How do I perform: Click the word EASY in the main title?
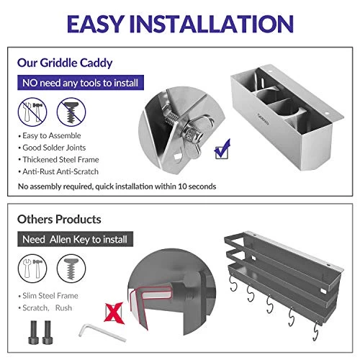(x=96, y=24)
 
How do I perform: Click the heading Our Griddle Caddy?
(x=65, y=63)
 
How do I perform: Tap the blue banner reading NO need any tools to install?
(x=81, y=83)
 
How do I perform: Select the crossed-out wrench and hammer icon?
(x=32, y=112)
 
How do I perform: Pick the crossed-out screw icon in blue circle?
(x=71, y=112)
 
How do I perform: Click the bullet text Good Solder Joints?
(x=54, y=148)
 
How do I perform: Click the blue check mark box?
(x=222, y=149)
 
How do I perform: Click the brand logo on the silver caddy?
(x=264, y=120)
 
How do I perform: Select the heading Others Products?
(x=59, y=220)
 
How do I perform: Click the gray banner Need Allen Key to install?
(x=75, y=239)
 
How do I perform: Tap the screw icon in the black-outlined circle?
(x=71, y=269)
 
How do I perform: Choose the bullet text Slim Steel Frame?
(x=50, y=296)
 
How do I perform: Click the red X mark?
(x=114, y=312)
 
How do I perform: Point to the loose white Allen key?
(x=102, y=333)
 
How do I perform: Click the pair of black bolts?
(x=40, y=333)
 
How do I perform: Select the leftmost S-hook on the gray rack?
(x=233, y=284)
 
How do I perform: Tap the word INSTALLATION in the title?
(x=212, y=24)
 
